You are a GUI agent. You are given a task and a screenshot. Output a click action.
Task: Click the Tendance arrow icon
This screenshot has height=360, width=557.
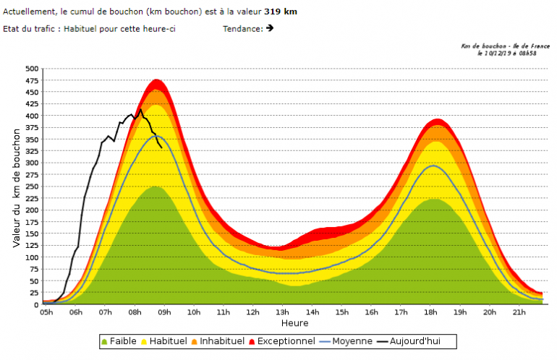(270, 28)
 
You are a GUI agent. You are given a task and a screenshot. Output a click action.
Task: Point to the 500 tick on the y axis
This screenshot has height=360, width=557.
(31, 69)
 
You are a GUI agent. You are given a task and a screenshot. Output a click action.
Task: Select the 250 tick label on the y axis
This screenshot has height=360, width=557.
(31, 187)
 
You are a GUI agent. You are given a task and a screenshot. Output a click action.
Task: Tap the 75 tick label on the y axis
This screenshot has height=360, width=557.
(33, 269)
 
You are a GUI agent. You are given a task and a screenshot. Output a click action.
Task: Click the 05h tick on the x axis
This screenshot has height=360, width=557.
(46, 312)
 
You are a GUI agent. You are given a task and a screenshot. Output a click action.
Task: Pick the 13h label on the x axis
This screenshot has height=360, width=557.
(283, 312)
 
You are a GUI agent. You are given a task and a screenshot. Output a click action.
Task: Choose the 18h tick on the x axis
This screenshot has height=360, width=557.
(430, 312)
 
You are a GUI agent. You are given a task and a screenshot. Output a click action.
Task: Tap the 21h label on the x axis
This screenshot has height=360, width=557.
(519, 312)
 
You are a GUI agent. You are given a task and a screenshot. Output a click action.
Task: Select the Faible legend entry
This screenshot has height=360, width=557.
(120, 340)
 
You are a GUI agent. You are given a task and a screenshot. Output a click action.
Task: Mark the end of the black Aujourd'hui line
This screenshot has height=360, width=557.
(161, 147)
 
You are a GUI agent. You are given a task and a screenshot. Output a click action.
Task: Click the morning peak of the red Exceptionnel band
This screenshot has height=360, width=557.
(157, 80)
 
